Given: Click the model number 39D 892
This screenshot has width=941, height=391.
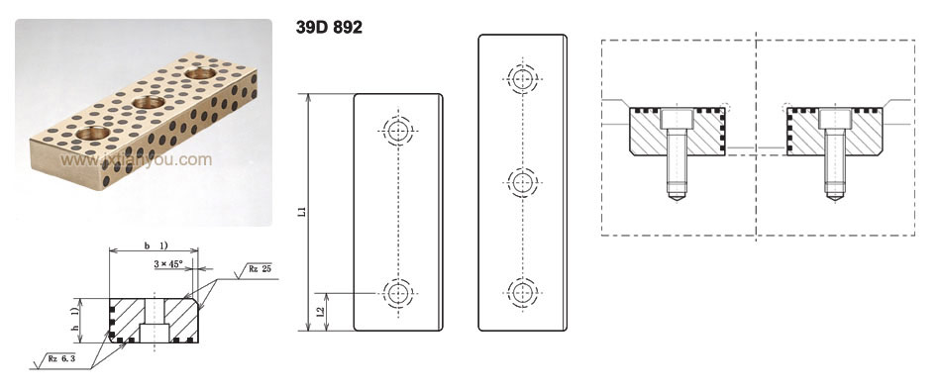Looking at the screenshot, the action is click(329, 28).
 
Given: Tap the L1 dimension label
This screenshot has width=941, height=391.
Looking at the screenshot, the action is click(304, 212).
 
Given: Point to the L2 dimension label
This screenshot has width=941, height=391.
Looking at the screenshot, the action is click(321, 312).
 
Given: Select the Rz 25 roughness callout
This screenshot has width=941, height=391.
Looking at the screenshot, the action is click(260, 269).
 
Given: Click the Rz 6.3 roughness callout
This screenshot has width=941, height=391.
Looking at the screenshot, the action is click(62, 359).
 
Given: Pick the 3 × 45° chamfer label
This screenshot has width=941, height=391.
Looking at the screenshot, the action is click(168, 264).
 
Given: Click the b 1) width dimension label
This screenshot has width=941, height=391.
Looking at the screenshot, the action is click(155, 245).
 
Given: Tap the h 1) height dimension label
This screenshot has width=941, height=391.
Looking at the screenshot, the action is click(74, 321).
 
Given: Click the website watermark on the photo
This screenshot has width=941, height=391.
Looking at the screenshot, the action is click(137, 160).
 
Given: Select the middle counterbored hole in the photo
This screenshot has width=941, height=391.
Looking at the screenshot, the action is click(149, 103).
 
